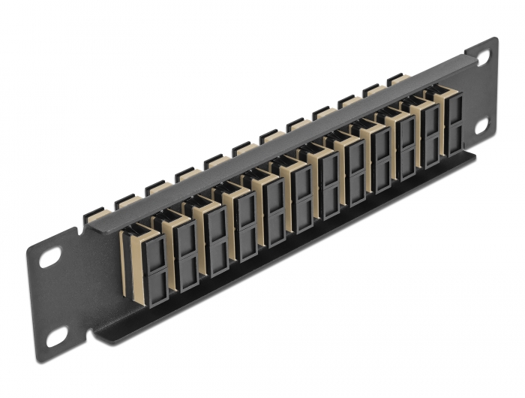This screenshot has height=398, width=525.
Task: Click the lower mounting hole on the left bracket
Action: click(x=55, y=339)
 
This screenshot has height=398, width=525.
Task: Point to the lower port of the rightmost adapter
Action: click(x=455, y=138)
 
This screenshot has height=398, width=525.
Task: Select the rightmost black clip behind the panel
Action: click(x=396, y=78)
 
